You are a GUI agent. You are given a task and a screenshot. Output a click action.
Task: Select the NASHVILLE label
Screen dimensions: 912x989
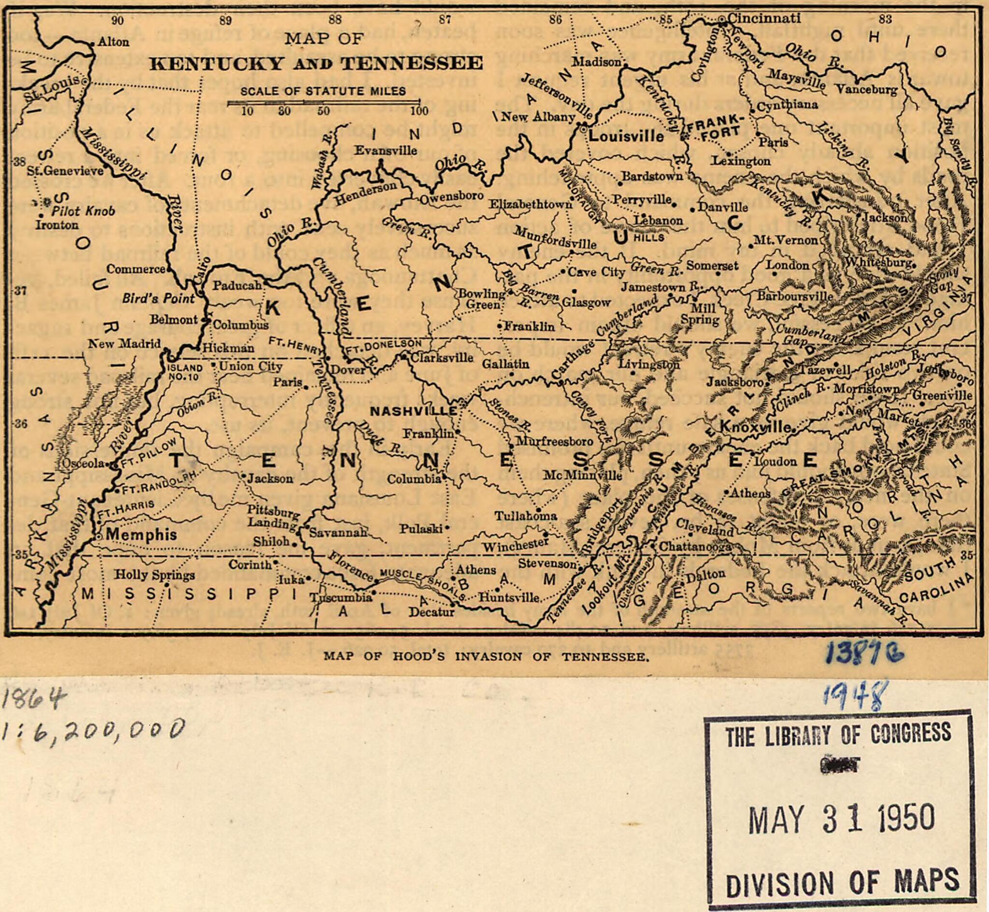point(413,411)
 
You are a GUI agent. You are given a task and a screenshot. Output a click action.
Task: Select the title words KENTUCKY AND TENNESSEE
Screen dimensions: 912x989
point(316,63)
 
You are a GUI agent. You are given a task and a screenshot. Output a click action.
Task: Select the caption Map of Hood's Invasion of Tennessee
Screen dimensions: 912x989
point(485,657)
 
